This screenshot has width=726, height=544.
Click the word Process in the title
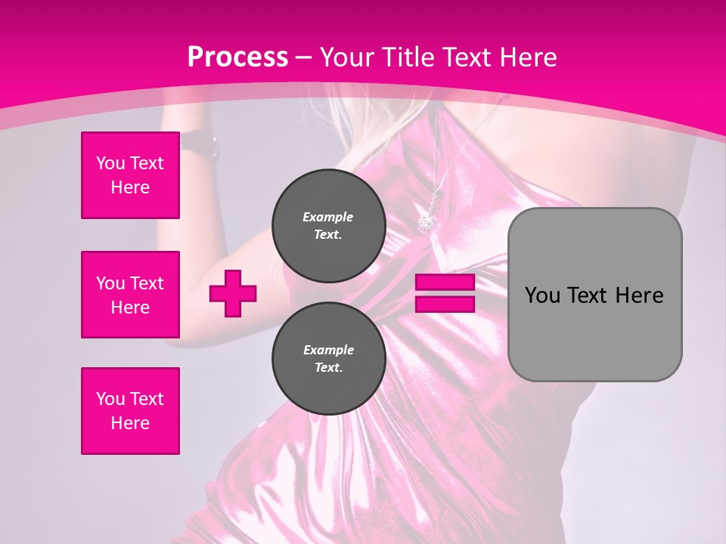tap(237, 57)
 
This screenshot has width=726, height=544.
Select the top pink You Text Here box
tap(130, 175)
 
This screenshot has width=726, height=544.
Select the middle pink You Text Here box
tap(130, 295)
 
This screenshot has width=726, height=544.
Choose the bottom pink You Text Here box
tap(130, 411)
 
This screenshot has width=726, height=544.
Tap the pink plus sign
tap(233, 293)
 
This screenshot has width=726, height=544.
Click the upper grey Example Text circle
tap(328, 225)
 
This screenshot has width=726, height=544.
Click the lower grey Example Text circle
tap(328, 358)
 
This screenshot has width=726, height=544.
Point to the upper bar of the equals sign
tap(445, 283)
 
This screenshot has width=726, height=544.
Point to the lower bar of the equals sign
tap(445, 304)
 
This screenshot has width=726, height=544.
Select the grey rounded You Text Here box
tap(594, 295)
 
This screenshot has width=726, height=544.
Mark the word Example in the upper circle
tap(328, 217)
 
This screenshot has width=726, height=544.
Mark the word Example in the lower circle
tap(328, 350)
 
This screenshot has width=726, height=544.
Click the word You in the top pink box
tap(110, 163)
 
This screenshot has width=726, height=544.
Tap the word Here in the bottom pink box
tap(130, 423)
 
